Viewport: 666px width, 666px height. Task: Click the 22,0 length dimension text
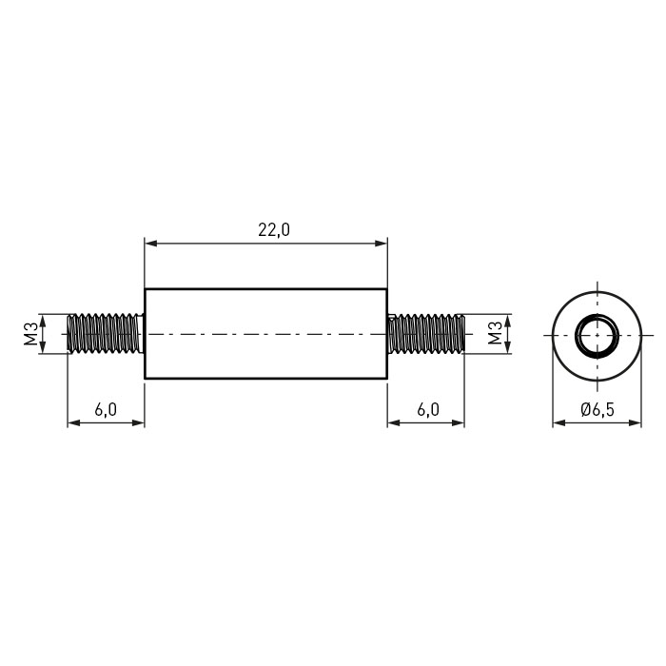274,230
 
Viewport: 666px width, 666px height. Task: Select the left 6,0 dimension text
106,409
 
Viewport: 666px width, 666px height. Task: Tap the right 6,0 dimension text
428,409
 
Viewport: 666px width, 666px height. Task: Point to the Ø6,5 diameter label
597,409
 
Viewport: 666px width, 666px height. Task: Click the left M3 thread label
31,333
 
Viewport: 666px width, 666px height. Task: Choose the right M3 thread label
495,333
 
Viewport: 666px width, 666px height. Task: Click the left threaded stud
106,333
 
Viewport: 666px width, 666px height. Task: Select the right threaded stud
426,333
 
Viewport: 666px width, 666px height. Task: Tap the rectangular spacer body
265,333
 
